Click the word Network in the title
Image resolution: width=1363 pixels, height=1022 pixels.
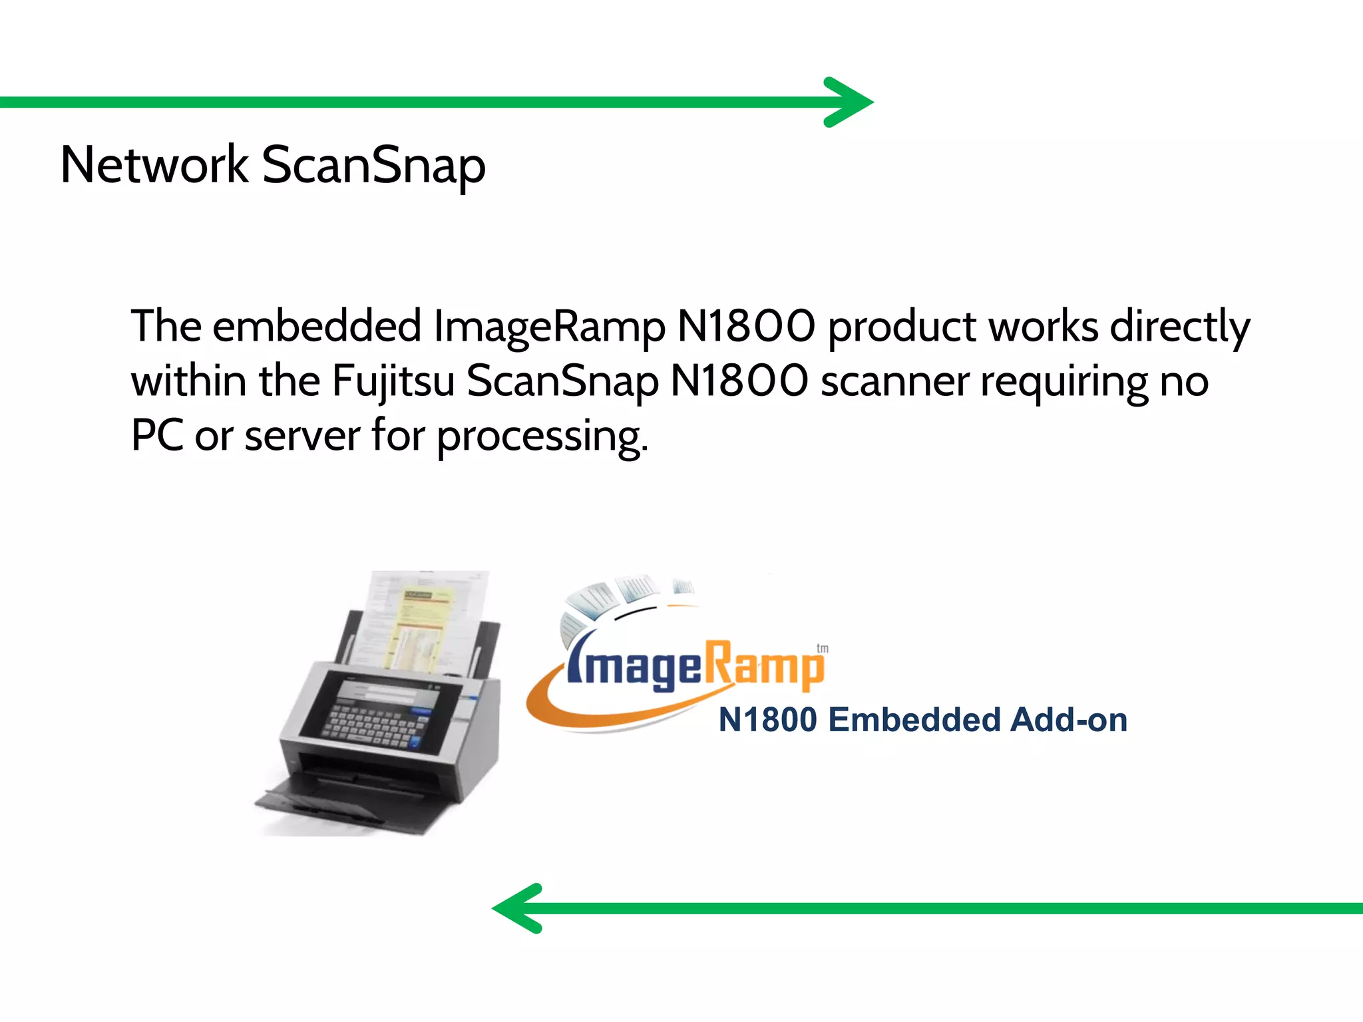pyautogui.click(x=154, y=165)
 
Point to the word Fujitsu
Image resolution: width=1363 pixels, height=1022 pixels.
pyautogui.click(x=393, y=383)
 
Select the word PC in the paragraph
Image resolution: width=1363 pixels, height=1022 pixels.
pyautogui.click(x=157, y=436)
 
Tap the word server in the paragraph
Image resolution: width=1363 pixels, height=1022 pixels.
pyautogui.click(x=302, y=437)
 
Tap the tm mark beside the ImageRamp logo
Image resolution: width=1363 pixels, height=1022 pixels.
pyautogui.click(x=823, y=648)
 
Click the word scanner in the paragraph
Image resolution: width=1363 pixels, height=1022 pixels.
pyautogui.click(x=894, y=383)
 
